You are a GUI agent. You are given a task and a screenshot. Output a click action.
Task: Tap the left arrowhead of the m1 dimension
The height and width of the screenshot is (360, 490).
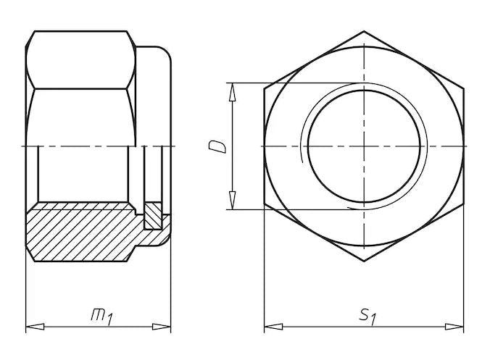coord(31,327)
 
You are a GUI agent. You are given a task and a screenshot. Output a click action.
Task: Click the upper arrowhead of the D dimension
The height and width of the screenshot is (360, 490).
coord(233,89)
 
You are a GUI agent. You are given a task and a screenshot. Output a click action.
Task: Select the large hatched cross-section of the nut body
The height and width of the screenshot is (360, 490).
coord(80,232)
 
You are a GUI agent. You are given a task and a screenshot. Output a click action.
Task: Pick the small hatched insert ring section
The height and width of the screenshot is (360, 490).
coord(154,214)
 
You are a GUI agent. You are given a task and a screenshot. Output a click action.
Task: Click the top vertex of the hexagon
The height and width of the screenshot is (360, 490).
coord(364,31)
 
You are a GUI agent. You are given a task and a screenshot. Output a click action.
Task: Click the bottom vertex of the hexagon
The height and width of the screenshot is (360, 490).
coord(364,261)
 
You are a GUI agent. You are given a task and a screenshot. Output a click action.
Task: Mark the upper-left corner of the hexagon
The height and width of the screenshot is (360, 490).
coord(264,88)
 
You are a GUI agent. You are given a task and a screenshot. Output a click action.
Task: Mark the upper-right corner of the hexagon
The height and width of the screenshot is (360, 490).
coord(463,88)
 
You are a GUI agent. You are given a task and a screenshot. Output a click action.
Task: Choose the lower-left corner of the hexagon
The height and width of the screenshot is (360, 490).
coord(264,204)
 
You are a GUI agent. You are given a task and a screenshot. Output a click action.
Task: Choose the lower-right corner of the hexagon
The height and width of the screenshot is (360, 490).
coord(463,204)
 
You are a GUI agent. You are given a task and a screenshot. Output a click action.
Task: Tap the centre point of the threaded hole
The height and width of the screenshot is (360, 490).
coord(364,146)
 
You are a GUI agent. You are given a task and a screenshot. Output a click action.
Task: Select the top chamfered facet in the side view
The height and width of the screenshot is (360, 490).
coord(80,60)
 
